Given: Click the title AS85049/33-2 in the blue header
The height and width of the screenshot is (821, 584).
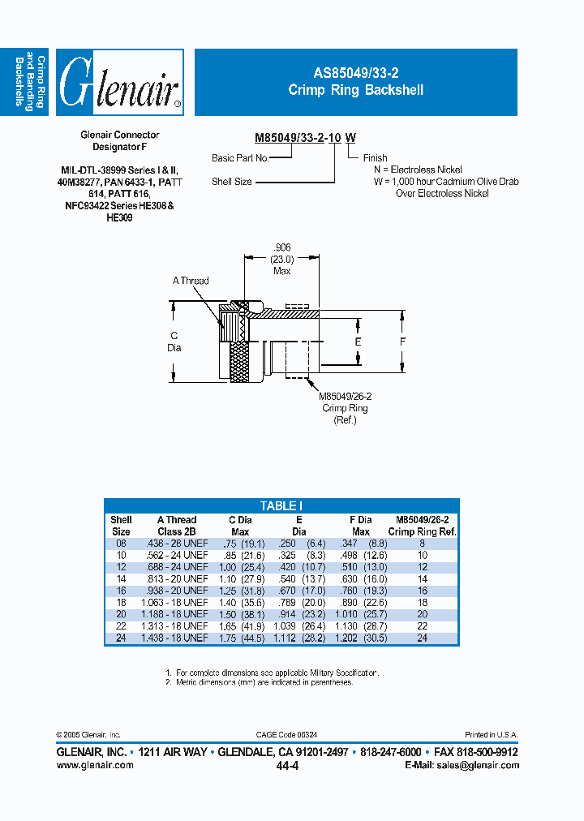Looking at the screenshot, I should pyautogui.click(x=355, y=75).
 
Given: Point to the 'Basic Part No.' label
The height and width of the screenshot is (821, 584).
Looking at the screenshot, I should pyautogui.click(x=239, y=158).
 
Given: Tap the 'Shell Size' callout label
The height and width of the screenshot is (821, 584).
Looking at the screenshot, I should pyautogui.click(x=232, y=182).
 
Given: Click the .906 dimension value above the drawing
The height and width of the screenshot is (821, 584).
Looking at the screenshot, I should pyautogui.click(x=281, y=247).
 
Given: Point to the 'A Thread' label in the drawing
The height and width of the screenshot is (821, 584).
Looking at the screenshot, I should pyautogui.click(x=191, y=281).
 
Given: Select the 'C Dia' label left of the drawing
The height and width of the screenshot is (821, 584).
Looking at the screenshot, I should pyautogui.click(x=174, y=342).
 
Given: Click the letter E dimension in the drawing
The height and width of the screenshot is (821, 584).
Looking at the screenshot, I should pyautogui.click(x=358, y=342).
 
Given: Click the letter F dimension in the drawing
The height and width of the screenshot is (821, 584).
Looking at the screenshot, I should pyautogui.click(x=402, y=342).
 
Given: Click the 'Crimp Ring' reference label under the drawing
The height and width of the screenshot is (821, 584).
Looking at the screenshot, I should pyautogui.click(x=346, y=408).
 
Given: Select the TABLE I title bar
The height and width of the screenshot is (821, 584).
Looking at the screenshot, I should pyautogui.click(x=281, y=505).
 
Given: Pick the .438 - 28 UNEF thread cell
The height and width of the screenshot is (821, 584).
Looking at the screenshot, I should pyautogui.click(x=177, y=543).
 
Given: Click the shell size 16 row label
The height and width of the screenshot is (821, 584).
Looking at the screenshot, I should pyautogui.click(x=121, y=591).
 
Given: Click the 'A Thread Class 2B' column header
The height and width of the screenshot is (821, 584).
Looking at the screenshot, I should pyautogui.click(x=177, y=526).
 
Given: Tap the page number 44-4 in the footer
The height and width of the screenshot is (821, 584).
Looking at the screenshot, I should pyautogui.click(x=287, y=766).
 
